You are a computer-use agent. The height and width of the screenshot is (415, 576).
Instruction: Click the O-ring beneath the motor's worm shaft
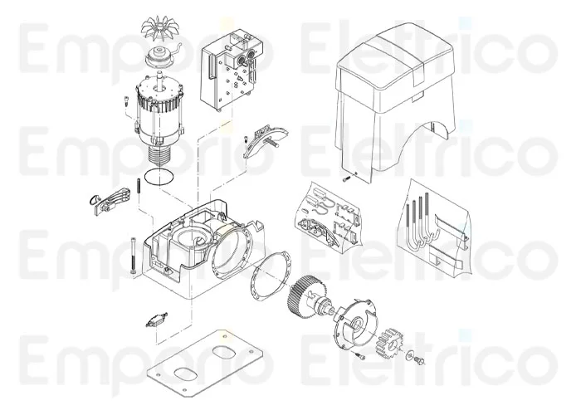pyautogui.click(x=157, y=175)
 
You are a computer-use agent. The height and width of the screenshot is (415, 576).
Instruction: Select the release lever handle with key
pyautogui.click(x=108, y=200)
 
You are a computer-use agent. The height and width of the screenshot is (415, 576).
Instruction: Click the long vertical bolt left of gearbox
pyautogui.click(x=133, y=257)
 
